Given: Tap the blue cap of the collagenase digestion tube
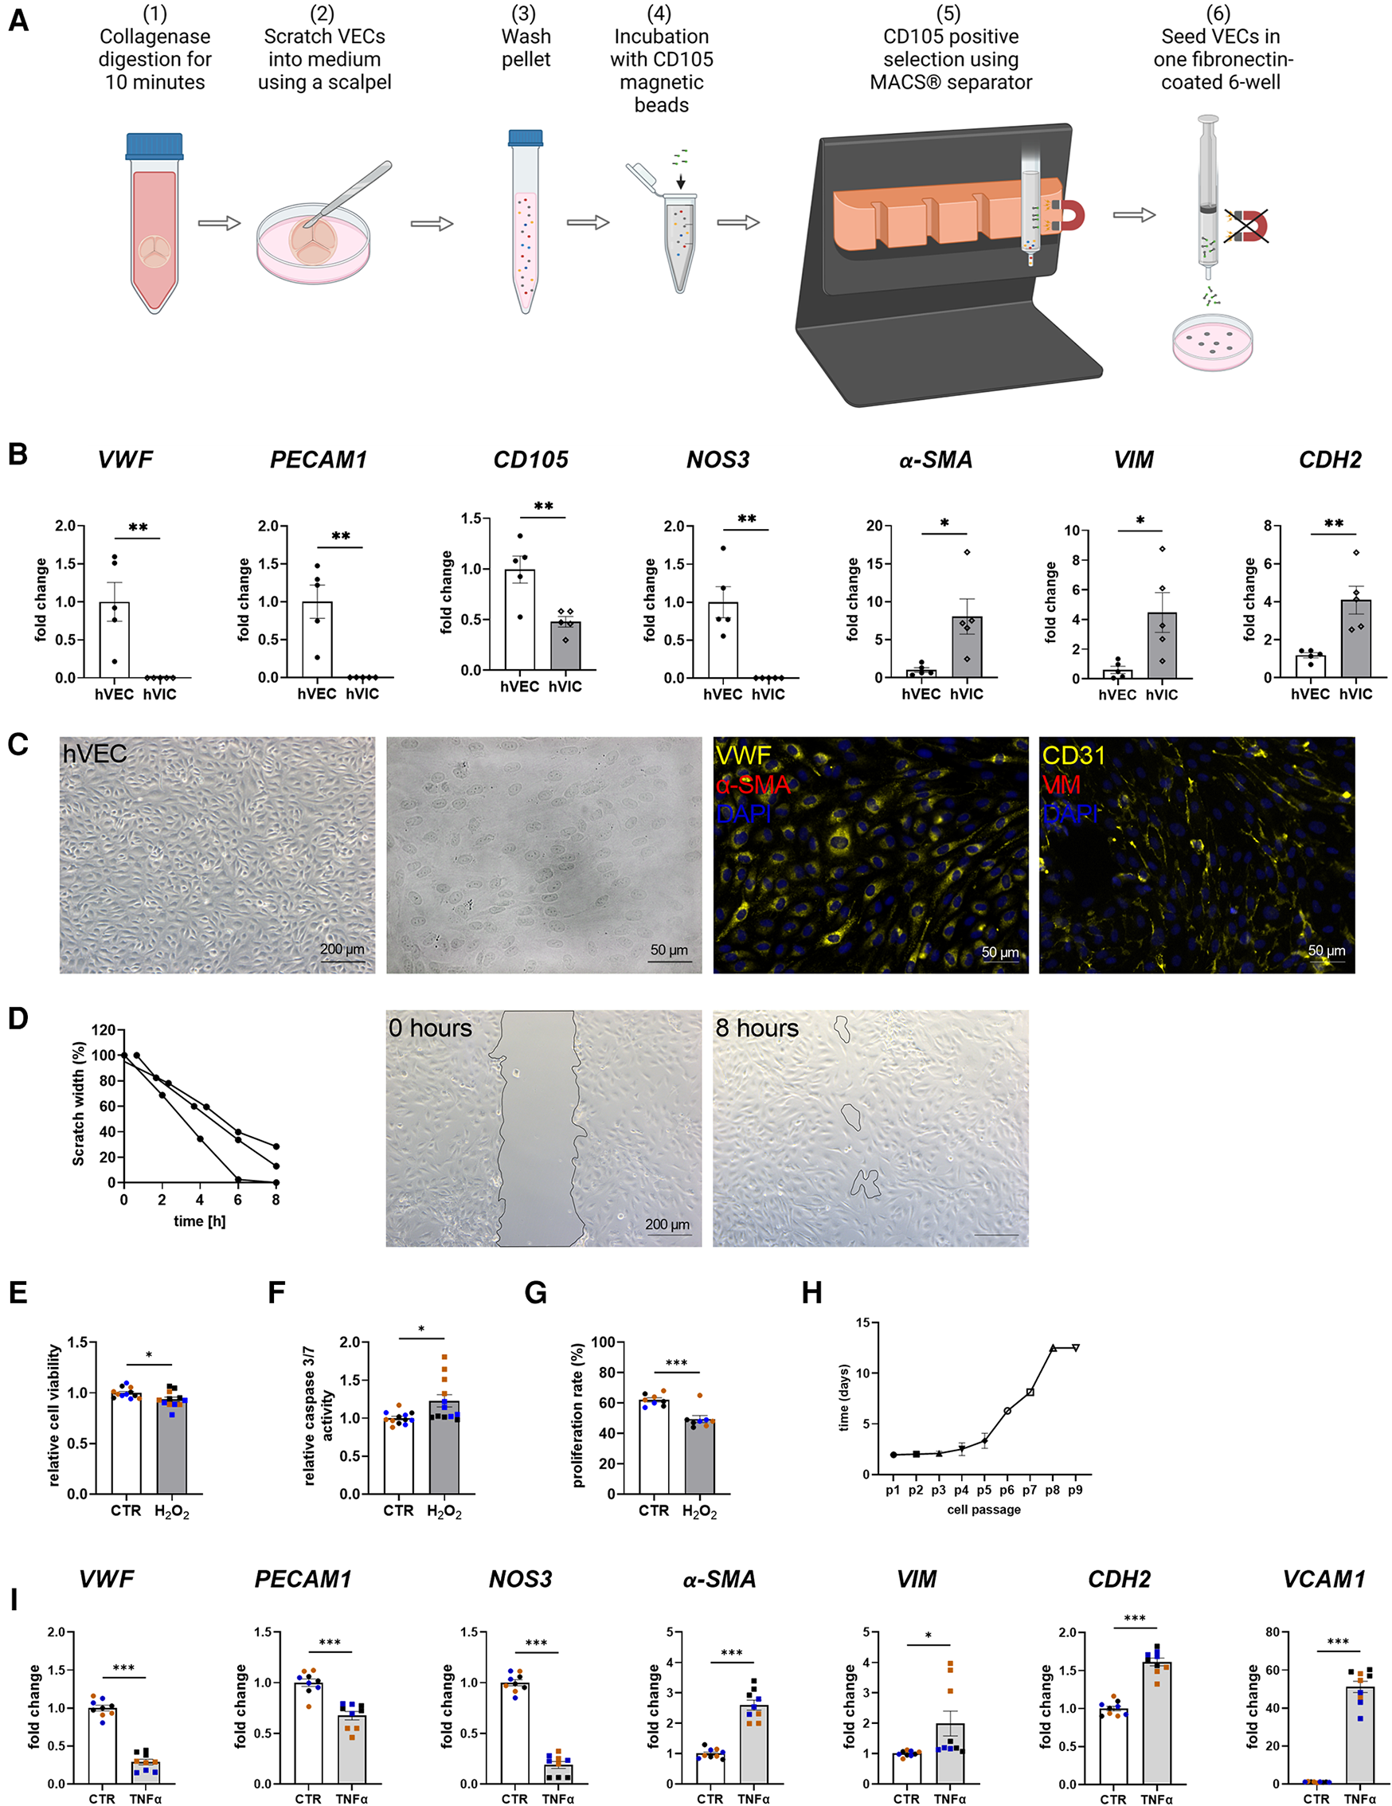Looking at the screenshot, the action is [154, 146].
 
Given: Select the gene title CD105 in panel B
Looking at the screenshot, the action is [530, 460].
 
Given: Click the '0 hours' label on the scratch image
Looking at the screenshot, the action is [430, 1028].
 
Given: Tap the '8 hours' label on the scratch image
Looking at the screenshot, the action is [757, 1028].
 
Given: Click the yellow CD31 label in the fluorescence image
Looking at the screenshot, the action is [1073, 755].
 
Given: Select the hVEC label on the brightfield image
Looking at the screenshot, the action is [94, 754].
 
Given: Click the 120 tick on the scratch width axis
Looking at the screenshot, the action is [104, 1029].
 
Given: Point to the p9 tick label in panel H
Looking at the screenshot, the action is [1074, 1490].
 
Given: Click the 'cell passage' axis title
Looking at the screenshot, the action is [983, 1509].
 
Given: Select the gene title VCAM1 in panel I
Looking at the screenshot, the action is [1324, 1580].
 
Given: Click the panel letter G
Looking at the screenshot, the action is [536, 1292].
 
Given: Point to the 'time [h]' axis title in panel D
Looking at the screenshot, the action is [199, 1220].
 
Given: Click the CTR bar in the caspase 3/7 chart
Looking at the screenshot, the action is [398, 1455].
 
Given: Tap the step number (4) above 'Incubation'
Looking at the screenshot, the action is [659, 14].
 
